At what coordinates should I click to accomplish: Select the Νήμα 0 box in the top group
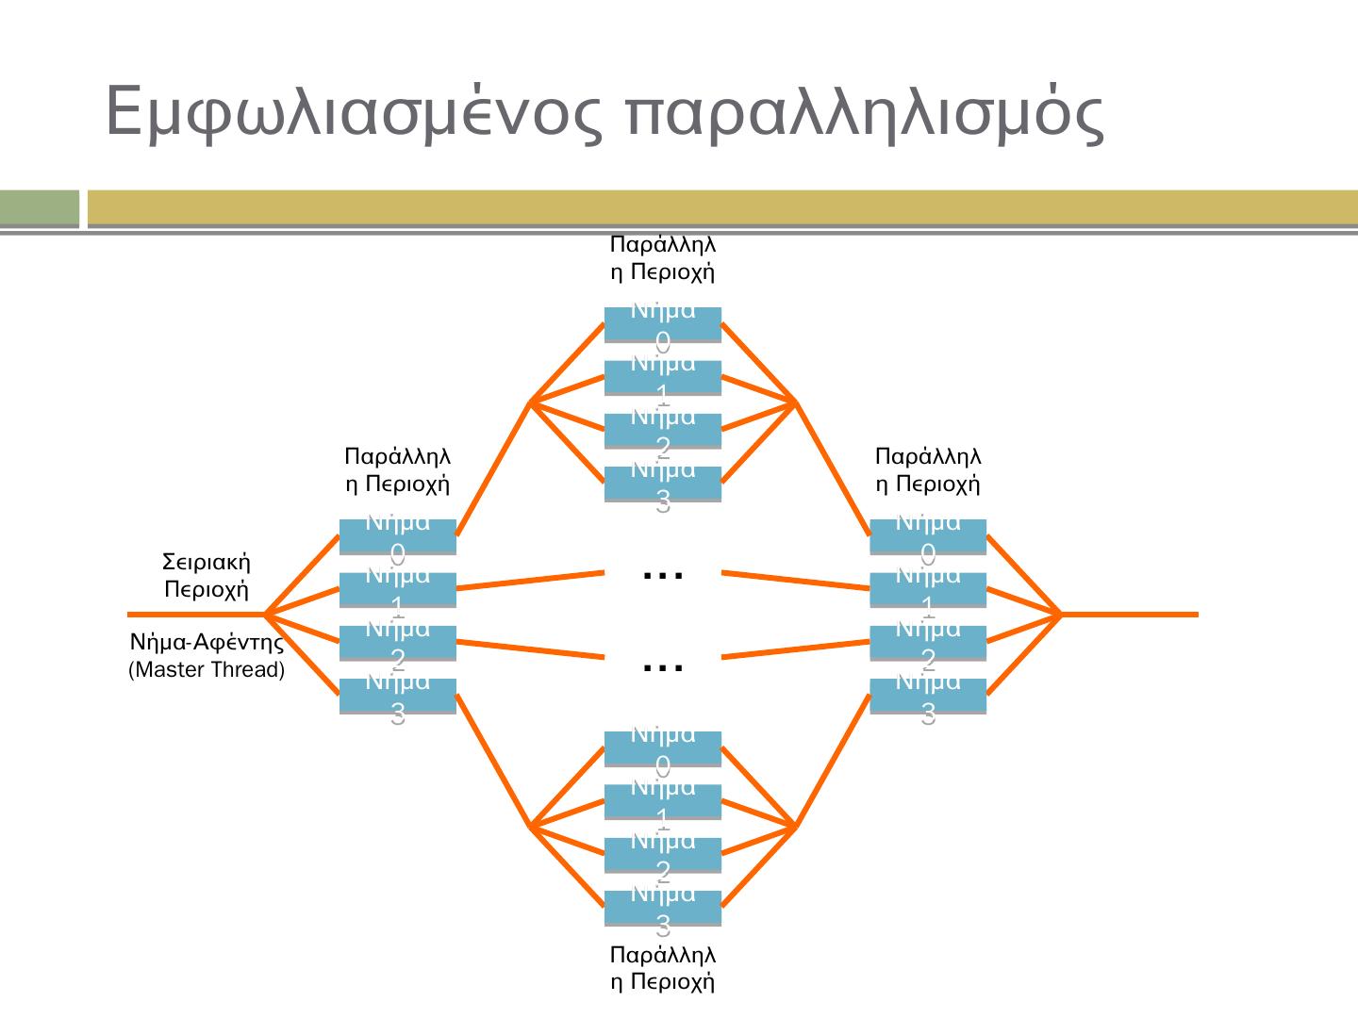click(662, 324)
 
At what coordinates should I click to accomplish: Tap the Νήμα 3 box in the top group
click(662, 484)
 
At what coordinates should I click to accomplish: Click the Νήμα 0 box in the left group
click(397, 536)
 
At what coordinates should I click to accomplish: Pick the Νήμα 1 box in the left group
click(397, 589)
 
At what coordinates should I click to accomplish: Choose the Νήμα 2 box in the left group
click(397, 643)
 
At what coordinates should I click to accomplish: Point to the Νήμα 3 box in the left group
click(397, 696)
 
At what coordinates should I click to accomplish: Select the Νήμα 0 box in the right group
click(927, 536)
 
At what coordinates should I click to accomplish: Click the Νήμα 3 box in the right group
click(927, 696)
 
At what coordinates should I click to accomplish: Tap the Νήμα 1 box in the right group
click(927, 589)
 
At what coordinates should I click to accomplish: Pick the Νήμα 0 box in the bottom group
click(662, 748)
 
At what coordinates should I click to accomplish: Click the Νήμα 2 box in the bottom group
click(662, 855)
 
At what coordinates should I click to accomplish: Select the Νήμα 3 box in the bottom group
click(662, 908)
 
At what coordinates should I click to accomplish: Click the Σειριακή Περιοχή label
click(207, 576)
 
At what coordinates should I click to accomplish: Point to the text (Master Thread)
click(207, 671)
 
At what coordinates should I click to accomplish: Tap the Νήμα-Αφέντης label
click(207, 644)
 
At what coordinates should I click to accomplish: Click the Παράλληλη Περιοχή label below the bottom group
click(662, 968)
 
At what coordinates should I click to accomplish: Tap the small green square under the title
click(40, 208)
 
